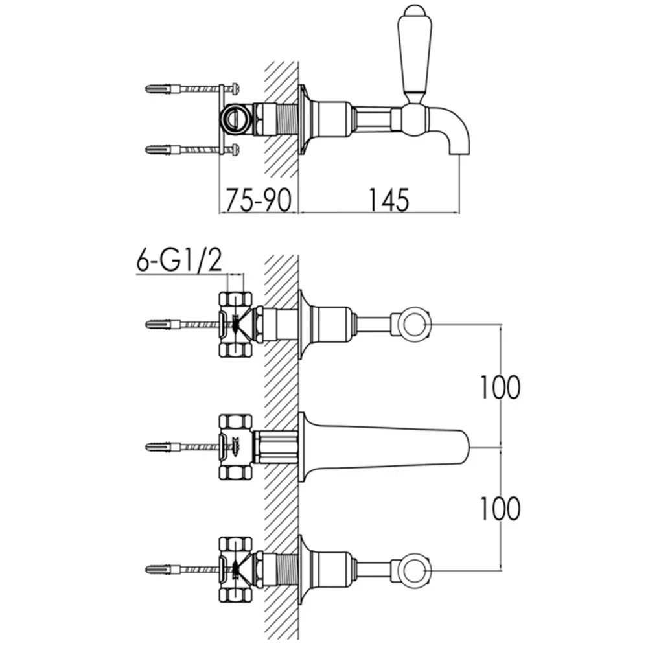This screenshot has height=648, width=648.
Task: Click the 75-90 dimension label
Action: click(259, 200)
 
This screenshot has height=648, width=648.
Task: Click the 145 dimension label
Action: click(388, 200)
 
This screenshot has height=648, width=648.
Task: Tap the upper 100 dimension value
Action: click(500, 388)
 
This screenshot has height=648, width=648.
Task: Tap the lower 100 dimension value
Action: click(500, 508)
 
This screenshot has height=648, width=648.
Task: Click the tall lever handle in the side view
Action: click(415, 54)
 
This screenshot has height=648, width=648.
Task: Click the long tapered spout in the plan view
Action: click(384, 447)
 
